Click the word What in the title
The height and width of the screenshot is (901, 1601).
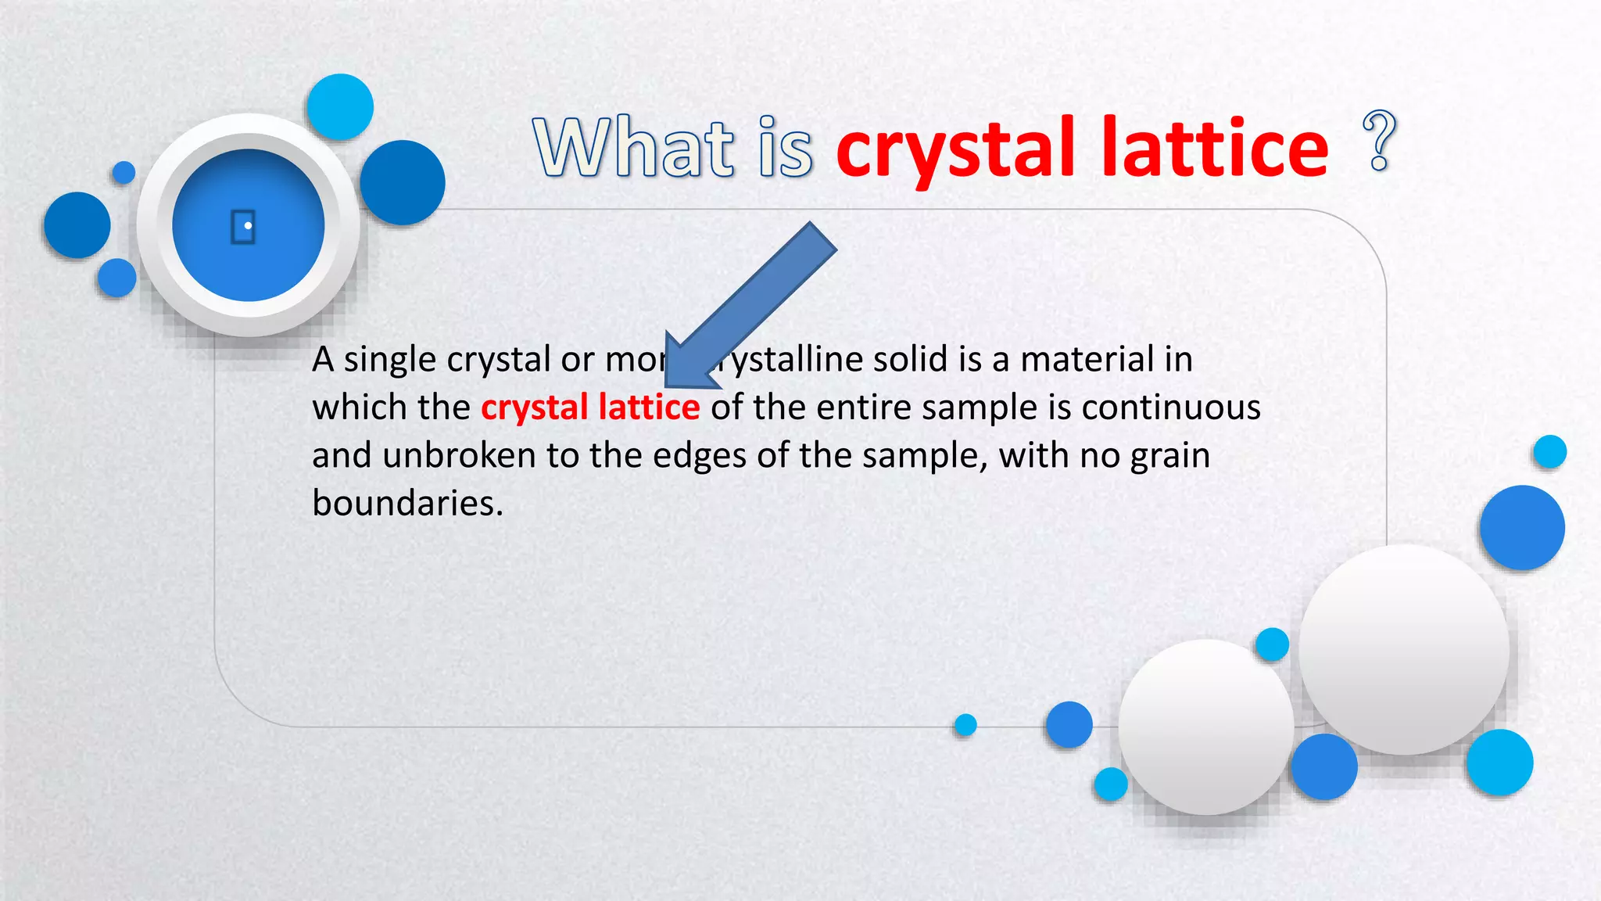633,147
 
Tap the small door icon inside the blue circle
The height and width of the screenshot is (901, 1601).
243,227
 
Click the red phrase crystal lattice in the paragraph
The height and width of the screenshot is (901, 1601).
590,407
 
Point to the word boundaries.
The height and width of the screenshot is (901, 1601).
407,503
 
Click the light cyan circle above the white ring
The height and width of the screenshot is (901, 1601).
340,107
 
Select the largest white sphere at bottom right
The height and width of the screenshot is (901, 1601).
1404,649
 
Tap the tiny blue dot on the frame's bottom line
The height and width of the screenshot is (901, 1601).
965,725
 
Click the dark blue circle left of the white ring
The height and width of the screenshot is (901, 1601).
77,225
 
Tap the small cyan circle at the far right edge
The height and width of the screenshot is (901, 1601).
1549,451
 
